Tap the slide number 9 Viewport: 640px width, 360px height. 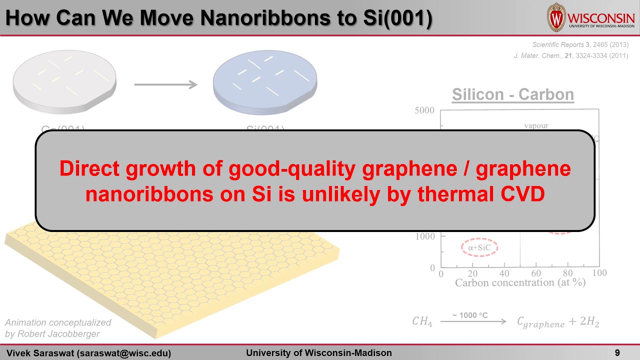tap(617, 353)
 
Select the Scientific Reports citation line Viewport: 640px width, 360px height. tap(580, 44)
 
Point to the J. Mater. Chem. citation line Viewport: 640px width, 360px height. tap(570, 55)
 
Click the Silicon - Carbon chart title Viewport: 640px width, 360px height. tap(512, 94)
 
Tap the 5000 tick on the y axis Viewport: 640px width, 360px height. tap(424, 110)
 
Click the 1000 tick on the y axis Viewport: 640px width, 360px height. tap(424, 236)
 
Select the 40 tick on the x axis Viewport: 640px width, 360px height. tap(504, 273)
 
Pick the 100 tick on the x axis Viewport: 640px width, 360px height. tap(599, 273)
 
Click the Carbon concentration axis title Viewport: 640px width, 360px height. tap(520, 283)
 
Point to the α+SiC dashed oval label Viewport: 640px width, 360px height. tap(479, 247)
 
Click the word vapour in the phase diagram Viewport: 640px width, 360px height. tap(536, 125)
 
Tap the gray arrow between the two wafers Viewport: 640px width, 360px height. tap(165, 84)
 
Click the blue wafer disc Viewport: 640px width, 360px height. tap(264, 80)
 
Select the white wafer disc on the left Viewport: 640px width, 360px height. tap(64, 80)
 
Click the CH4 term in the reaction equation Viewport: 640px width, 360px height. tap(422, 322)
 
